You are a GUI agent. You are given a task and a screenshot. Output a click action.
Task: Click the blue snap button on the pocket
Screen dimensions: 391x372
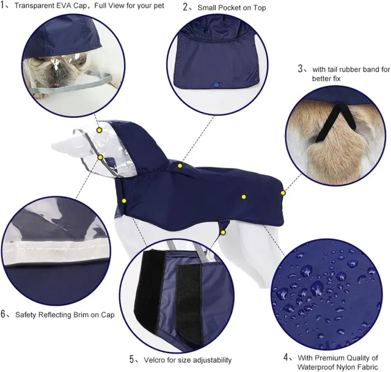tap(216, 85)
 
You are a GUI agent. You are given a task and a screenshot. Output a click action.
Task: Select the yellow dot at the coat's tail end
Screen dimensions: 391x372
tap(283, 193)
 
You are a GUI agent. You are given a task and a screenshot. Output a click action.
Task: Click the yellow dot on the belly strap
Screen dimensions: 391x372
tap(223, 233)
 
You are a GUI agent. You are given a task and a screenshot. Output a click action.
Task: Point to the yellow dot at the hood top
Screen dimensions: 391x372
tap(99, 130)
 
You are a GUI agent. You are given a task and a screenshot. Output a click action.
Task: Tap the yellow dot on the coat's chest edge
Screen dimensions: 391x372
tap(124, 201)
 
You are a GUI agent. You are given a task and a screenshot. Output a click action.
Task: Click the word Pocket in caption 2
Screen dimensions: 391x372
tap(231, 8)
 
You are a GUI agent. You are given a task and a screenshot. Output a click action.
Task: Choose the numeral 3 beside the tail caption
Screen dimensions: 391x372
tap(301, 68)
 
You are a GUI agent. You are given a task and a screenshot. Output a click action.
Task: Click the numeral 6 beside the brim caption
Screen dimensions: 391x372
tap(3, 314)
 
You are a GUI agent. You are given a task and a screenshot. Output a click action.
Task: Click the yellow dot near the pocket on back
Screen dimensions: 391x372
tap(180, 166)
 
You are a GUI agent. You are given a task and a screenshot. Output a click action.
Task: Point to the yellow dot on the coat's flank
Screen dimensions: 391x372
tap(244, 197)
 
